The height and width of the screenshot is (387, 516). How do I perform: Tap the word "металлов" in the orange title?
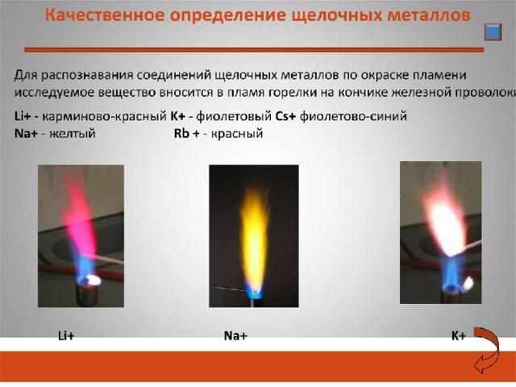(x=428, y=15)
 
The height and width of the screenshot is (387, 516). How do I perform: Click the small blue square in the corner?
(x=493, y=32)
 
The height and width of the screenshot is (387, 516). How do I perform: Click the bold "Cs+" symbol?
(x=285, y=116)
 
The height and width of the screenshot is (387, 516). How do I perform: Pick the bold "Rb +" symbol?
(x=186, y=134)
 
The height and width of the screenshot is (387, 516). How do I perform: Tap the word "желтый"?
(x=73, y=134)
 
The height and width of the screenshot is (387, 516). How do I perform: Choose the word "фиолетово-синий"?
(x=353, y=116)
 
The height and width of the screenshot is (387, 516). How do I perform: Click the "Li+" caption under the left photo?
(x=66, y=335)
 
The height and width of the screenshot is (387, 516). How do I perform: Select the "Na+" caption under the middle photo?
(x=235, y=335)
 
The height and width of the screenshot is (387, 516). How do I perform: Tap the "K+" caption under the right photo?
(x=459, y=335)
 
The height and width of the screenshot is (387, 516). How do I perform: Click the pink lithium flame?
(x=78, y=217)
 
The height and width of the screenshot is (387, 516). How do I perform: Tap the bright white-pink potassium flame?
(x=444, y=224)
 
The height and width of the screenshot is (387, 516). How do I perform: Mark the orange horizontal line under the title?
(x=254, y=50)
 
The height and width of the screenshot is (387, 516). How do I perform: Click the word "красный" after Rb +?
(x=237, y=134)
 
